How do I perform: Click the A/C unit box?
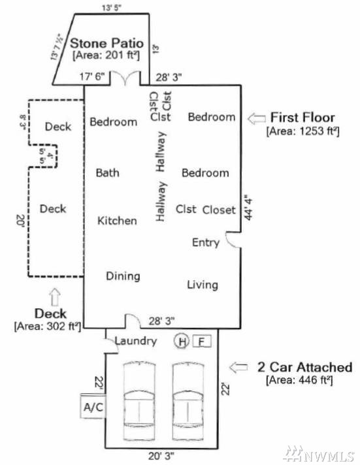pos(93,406)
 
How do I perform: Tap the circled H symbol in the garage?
pos(182,341)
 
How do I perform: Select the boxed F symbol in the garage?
pos(202,341)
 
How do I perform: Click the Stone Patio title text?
pos(107,43)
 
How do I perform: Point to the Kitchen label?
pos(117,221)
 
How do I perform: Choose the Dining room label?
pos(123,276)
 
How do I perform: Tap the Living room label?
pos(203,285)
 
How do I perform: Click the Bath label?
pos(107,172)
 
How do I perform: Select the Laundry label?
pos(136,341)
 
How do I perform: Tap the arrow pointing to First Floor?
pos(256,118)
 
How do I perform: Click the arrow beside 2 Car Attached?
pos(238,367)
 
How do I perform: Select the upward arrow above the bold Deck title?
pos(55,297)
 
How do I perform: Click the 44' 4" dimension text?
pos(248,207)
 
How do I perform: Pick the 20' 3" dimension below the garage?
pos(161,456)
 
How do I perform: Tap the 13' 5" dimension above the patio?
pos(111,7)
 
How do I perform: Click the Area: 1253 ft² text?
pos(303,131)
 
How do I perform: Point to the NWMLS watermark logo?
pos(319,454)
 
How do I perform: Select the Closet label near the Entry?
pos(219,210)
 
